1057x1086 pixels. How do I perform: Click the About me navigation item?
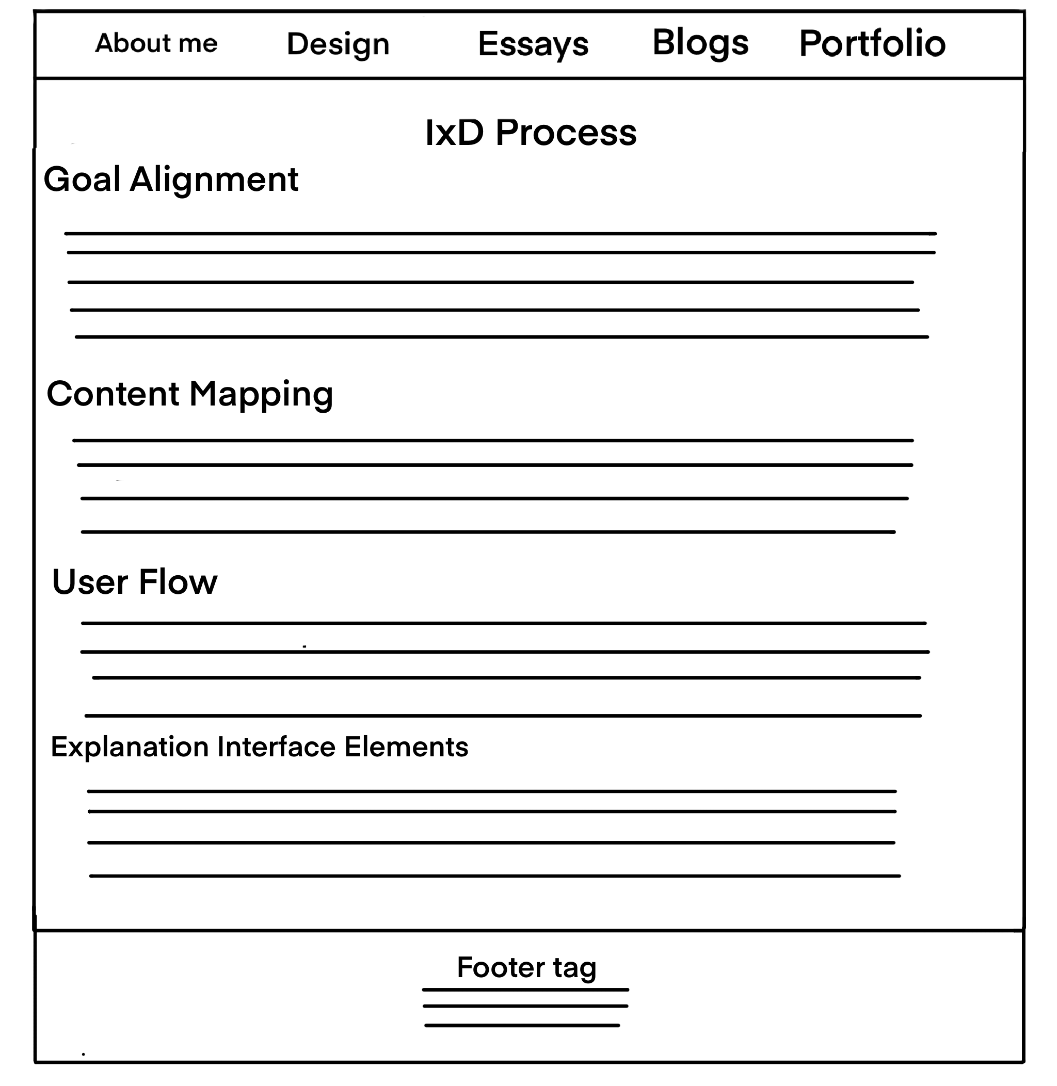pyautogui.click(x=156, y=43)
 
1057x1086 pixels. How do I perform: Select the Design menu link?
pyautogui.click(x=338, y=44)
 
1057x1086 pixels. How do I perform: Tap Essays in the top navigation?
pyautogui.click(x=533, y=44)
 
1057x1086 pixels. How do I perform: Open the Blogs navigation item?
pyautogui.click(x=700, y=43)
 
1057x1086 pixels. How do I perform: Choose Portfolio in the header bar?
pyautogui.click(x=872, y=43)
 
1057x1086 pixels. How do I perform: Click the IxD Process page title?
pyautogui.click(x=531, y=133)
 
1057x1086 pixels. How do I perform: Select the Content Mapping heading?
pyautogui.click(x=190, y=394)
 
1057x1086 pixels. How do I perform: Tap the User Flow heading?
pyautogui.click(x=134, y=581)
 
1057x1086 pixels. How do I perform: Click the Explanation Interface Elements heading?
pyautogui.click(x=259, y=747)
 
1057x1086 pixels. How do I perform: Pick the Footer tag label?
pyautogui.click(x=526, y=967)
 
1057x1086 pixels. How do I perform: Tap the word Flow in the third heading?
pyautogui.click(x=178, y=581)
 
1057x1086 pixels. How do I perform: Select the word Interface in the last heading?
pyautogui.click(x=276, y=747)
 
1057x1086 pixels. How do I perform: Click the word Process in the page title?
pyautogui.click(x=566, y=133)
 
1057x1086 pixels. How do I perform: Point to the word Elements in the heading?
pyautogui.click(x=406, y=747)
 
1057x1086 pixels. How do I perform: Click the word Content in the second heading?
pyautogui.click(x=113, y=394)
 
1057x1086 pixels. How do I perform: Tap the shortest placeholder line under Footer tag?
pyautogui.click(x=522, y=1026)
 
